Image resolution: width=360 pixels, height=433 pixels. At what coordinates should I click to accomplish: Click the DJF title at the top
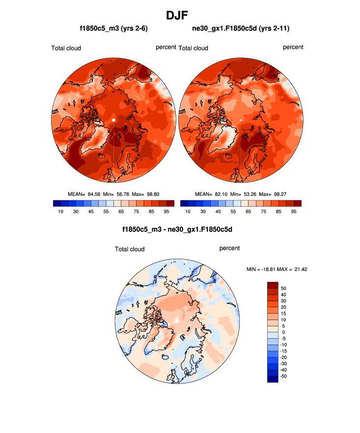[x=180, y=15]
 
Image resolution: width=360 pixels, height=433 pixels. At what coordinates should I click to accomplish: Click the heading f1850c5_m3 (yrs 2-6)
[x=114, y=29]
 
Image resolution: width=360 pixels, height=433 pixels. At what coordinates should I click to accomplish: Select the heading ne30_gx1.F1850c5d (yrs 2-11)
[x=241, y=29]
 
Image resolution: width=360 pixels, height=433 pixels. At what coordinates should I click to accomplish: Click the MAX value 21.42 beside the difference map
[x=300, y=269]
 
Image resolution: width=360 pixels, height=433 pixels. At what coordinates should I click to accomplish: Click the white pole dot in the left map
[x=113, y=120]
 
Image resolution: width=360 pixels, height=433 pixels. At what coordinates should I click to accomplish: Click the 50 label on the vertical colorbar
[x=284, y=288]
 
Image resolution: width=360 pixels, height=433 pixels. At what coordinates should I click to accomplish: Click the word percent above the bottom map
[x=229, y=248]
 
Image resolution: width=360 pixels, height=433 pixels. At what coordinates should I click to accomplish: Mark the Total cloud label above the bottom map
[x=130, y=249]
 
